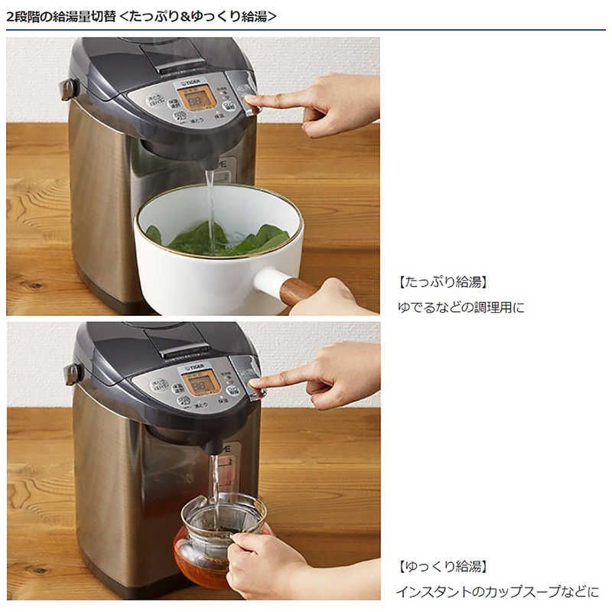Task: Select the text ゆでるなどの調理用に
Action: [x=461, y=307]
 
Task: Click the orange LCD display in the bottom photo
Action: [x=200, y=382]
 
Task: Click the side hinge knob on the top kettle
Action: [x=69, y=90]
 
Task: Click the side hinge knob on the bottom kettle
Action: [x=73, y=373]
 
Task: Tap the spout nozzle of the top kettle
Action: [x=209, y=163]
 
